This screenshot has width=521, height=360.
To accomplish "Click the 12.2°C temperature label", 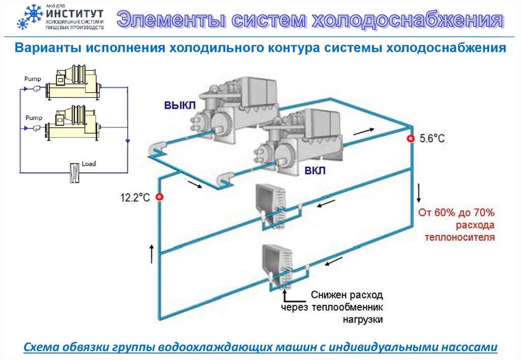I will coord(135,198).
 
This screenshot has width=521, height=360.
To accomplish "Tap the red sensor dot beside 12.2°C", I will coord(159,197).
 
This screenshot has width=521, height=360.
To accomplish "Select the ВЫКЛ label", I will coord(179,106).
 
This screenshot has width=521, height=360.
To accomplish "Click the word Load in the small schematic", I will coord(89,164).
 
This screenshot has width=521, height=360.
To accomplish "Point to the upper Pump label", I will coord(32,79).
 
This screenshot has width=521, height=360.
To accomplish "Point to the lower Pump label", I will coord(32,117).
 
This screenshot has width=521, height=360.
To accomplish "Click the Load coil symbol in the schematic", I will coord(75,172).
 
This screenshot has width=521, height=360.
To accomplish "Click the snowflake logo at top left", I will coord(30,17).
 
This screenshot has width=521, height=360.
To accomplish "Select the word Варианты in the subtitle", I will coord(48,48).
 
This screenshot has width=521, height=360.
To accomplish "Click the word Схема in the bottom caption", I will coord(41,347).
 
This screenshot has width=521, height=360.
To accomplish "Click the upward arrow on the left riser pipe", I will coord(151,253).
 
